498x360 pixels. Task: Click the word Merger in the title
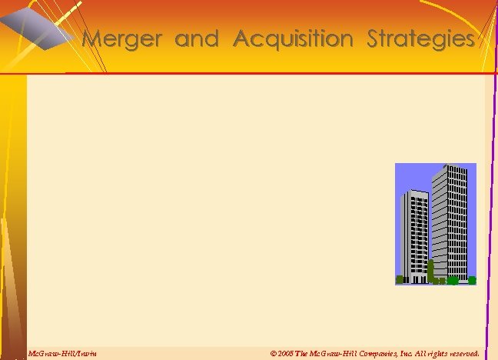pos(124,38)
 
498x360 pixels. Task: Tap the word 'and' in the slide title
pos(197,38)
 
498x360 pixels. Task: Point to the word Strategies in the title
pos(421,38)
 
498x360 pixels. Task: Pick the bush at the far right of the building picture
pos(471,280)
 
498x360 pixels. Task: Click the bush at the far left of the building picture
pos(400,279)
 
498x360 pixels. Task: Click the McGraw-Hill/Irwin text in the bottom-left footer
pos(62,353)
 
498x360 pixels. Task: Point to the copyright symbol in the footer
pos(274,353)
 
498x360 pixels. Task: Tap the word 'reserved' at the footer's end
pos(462,353)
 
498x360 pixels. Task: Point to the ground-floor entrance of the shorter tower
pos(416,278)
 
